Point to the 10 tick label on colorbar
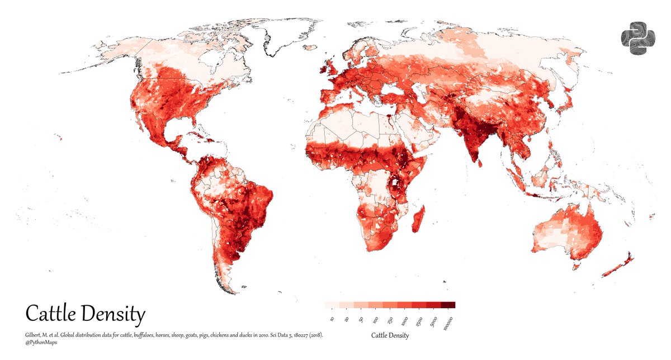tap(332, 319)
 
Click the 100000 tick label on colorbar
tap(447, 323)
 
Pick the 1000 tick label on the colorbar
tap(404, 321)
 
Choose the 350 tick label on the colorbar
tap(389, 320)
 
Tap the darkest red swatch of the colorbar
tap(448, 305)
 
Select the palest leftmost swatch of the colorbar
tap(332, 305)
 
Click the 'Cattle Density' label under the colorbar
tap(390, 335)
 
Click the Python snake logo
tap(637, 39)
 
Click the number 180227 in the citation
tap(287, 335)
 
